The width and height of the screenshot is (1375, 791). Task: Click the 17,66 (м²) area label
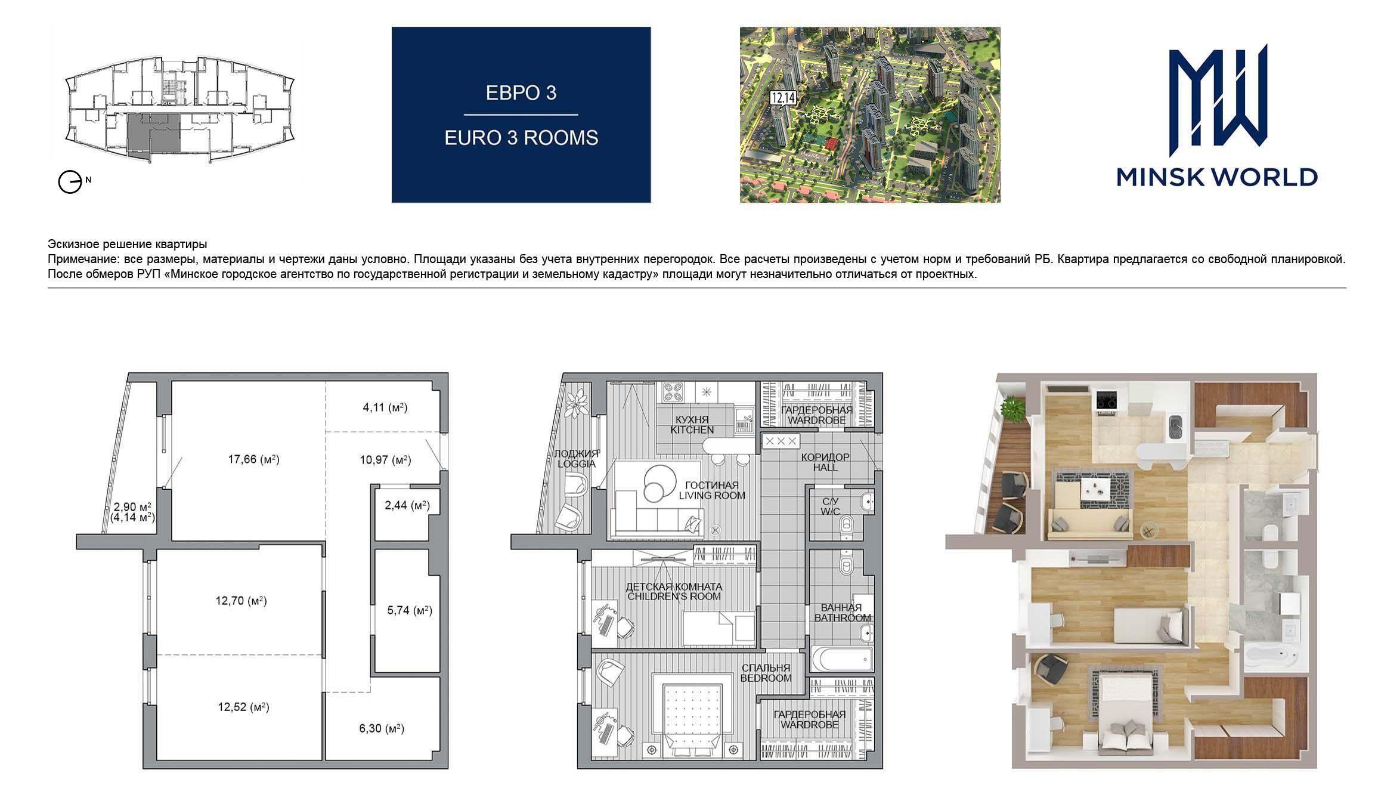pos(253,459)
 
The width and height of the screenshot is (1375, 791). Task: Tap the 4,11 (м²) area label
pos(385,408)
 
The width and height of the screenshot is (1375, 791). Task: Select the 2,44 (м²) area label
pos(407,506)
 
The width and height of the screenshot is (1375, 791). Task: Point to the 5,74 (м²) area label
pos(410,610)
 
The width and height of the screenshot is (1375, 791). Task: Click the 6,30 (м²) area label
pos(382,728)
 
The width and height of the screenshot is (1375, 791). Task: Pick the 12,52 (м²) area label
pos(243,707)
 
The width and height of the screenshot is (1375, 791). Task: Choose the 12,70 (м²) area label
pos(241,601)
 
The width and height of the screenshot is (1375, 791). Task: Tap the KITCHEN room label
pos(692,430)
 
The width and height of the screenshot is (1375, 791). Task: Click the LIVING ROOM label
pos(712,495)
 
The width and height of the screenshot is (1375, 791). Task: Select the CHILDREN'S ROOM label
pos(673,596)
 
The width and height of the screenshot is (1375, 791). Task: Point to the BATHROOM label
pos(843,617)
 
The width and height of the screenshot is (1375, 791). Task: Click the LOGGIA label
pos(575,464)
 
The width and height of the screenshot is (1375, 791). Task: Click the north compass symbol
pos(70,182)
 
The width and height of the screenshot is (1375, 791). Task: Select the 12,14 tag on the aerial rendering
pos(782,97)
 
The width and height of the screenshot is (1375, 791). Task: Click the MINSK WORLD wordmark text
pos(1217,177)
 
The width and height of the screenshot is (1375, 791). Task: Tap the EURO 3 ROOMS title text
pos(521,138)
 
